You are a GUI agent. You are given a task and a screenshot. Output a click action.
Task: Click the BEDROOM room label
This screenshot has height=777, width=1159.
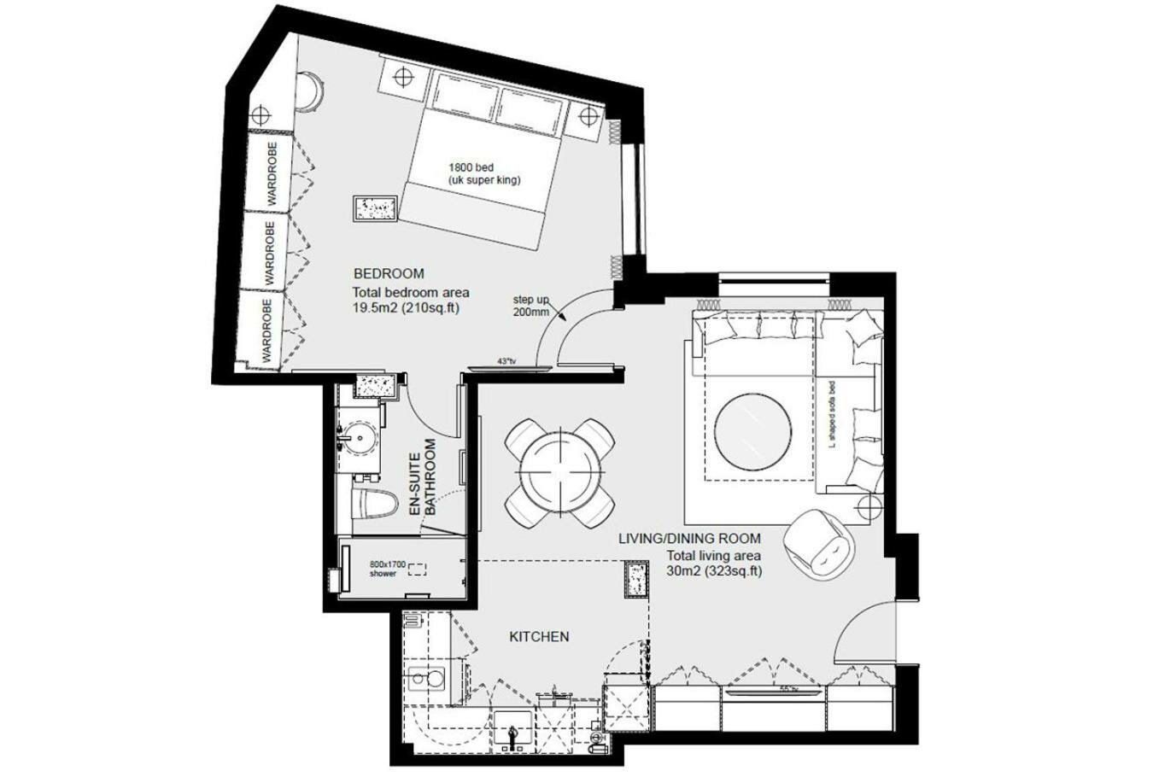pyautogui.click(x=389, y=274)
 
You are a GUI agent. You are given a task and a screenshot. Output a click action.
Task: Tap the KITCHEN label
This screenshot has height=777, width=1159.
pyautogui.click(x=539, y=636)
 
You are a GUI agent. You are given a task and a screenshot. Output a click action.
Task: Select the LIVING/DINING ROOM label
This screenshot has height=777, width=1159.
pyautogui.click(x=689, y=539)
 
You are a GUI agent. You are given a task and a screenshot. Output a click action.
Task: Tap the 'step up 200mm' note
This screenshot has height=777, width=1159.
pyautogui.click(x=530, y=306)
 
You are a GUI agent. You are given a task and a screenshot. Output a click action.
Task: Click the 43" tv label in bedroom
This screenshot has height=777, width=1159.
pyautogui.click(x=506, y=362)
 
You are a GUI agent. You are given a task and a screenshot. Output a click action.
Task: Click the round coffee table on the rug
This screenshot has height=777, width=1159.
pyautogui.click(x=752, y=427)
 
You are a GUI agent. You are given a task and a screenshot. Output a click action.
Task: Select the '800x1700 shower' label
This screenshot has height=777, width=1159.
pyautogui.click(x=388, y=569)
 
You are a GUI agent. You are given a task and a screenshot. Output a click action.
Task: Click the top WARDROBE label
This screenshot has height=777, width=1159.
pyautogui.click(x=272, y=174)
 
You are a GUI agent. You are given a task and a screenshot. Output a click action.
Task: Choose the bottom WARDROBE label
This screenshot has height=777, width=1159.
pyautogui.click(x=266, y=331)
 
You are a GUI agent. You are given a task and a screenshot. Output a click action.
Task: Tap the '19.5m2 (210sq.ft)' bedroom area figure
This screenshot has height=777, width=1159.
pyautogui.click(x=407, y=308)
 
